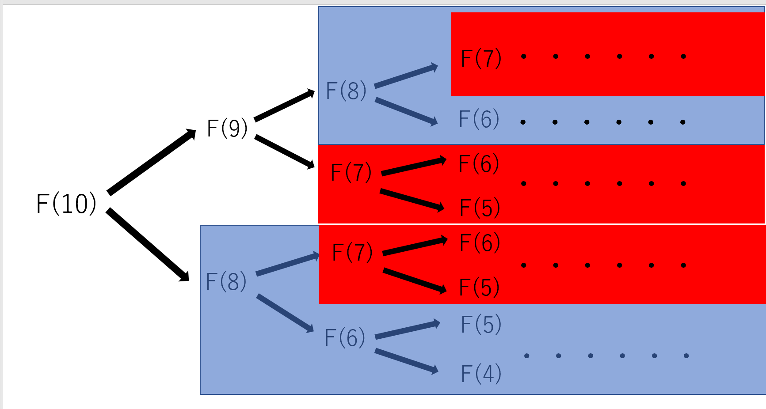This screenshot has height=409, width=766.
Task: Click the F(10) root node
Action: (x=66, y=204)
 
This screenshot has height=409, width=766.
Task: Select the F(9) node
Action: (x=227, y=129)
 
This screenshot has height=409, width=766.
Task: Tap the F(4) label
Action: (x=481, y=374)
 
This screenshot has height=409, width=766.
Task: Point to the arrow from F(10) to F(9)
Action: (x=151, y=162)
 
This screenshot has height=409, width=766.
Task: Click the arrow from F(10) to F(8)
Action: (x=148, y=245)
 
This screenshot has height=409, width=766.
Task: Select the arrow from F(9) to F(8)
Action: (x=284, y=106)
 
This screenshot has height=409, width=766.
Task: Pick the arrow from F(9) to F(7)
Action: (x=284, y=152)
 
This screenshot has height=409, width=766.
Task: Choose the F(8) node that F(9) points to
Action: (x=346, y=91)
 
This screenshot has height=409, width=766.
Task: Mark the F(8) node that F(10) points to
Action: (x=226, y=282)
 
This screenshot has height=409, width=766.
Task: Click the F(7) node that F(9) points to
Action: (x=351, y=172)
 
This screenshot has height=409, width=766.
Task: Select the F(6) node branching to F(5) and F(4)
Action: (x=345, y=338)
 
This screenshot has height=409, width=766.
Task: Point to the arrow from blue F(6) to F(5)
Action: (x=407, y=330)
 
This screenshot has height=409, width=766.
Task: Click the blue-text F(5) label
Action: (x=481, y=324)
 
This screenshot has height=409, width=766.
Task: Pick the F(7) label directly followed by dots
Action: (x=481, y=58)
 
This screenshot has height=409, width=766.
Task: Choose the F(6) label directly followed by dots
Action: (x=479, y=119)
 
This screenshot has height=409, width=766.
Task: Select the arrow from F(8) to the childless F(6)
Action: (x=406, y=111)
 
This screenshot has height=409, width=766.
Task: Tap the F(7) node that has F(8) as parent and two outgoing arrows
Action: (x=352, y=252)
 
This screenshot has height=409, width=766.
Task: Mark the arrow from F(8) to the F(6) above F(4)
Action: (x=285, y=313)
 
